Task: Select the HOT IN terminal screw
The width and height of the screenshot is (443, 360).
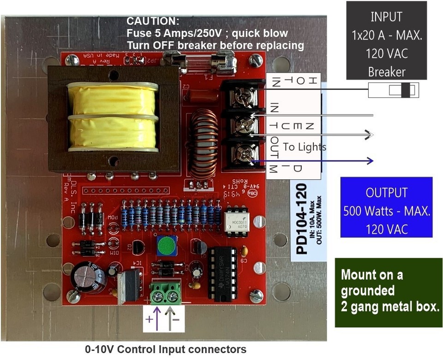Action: click(243, 97)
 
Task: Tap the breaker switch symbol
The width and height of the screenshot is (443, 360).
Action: click(393, 90)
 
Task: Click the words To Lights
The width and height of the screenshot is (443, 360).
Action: click(304, 147)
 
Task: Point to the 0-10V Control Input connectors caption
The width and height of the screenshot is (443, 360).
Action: click(166, 349)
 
